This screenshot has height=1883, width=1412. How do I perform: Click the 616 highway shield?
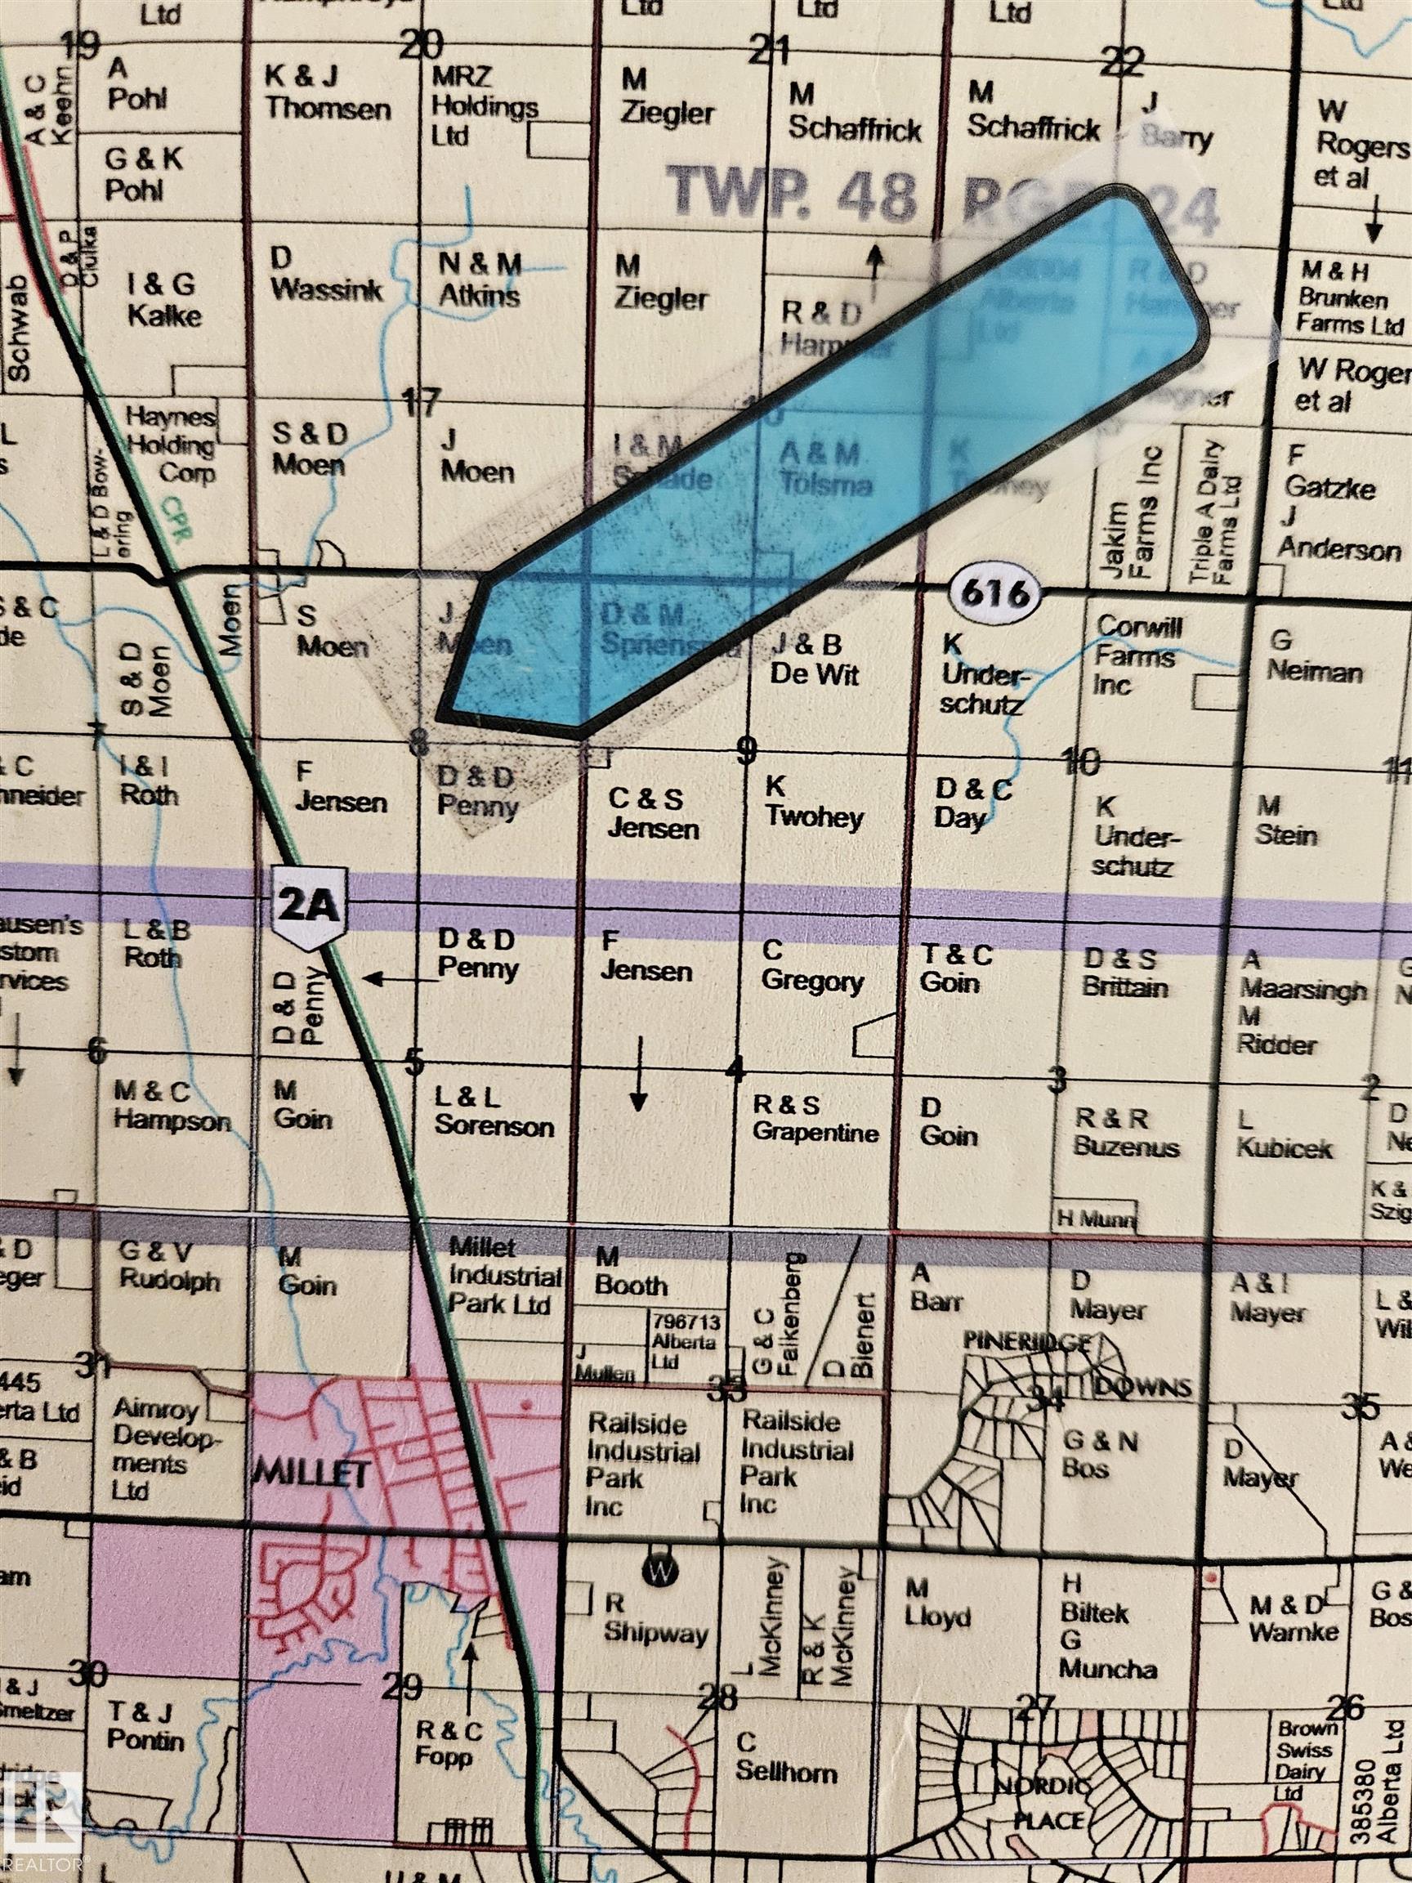995,592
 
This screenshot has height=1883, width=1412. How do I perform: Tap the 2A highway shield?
308,907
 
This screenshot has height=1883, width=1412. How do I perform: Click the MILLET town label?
311,1472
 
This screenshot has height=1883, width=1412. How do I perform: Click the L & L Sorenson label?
494,1111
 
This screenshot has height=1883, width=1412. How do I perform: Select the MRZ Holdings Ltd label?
484,105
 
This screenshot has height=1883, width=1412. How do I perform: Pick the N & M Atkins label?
479,280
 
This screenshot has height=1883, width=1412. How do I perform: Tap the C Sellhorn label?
785,1759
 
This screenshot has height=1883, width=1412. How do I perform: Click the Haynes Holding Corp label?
170,445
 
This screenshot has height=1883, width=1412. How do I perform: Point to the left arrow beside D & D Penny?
400,979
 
